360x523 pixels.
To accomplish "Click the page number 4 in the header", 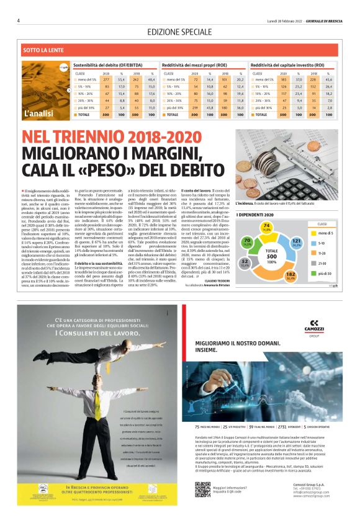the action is (19, 20).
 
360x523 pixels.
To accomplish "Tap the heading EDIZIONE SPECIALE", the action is (179, 32).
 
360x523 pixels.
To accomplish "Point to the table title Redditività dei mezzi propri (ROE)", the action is (194, 64).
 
